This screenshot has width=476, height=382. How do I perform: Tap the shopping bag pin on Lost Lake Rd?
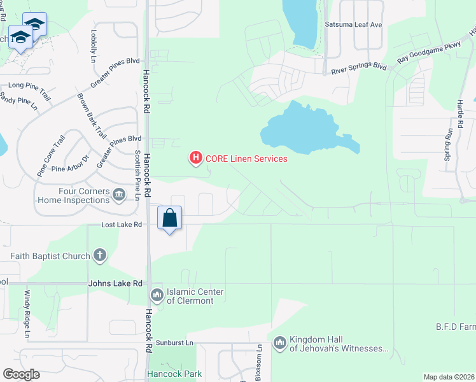coord(170,218)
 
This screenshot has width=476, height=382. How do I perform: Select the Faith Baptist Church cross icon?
coord(99,256)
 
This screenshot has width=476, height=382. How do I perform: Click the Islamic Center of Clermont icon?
coord(157,295)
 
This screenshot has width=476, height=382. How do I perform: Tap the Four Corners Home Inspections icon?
coord(118,194)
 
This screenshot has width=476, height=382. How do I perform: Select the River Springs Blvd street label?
coord(359,69)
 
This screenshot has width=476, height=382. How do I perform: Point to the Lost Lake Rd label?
coord(123,225)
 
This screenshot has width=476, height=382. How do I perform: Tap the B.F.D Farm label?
coord(455,327)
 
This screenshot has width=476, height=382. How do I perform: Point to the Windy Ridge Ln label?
coord(27,314)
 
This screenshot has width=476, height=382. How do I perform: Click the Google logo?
coord(20,374)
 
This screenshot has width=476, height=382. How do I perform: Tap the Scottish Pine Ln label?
coord(137,174)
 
